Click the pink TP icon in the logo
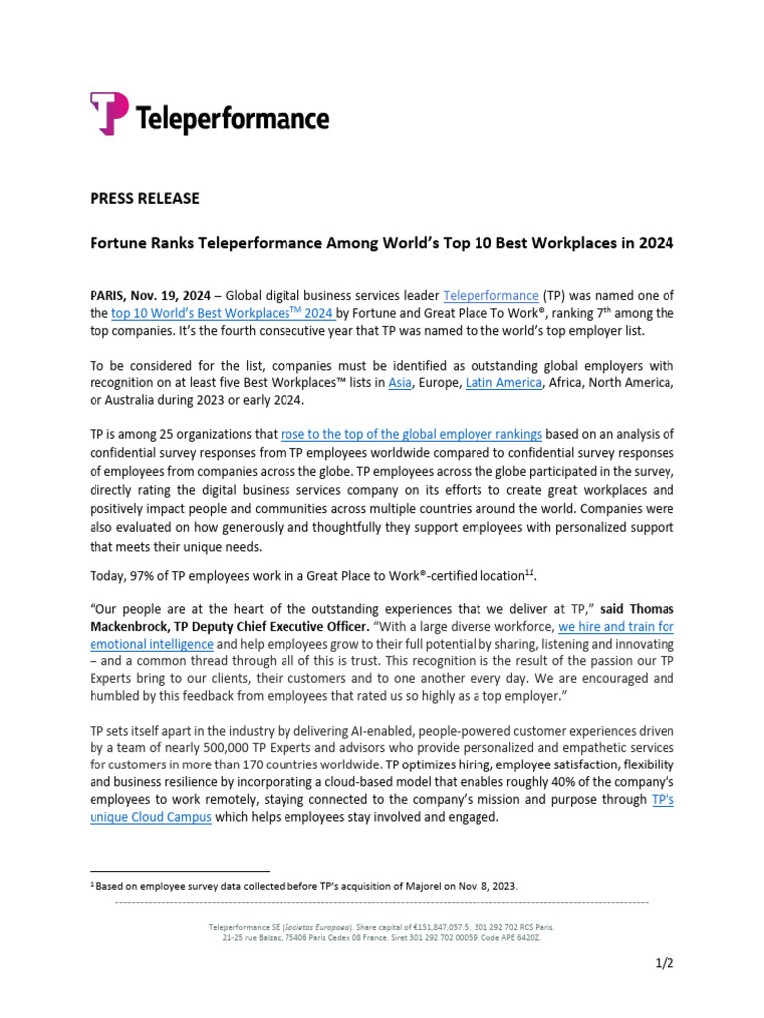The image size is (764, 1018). tap(108, 113)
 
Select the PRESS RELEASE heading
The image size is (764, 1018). tap(144, 198)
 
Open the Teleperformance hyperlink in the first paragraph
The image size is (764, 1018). tap(490, 295)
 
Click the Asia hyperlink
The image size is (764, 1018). tap(400, 382)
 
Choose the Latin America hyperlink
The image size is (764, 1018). tap(503, 382)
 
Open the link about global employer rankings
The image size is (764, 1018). tap(412, 433)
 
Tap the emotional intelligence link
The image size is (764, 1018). tap(144, 644)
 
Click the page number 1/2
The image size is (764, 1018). tap(665, 962)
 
